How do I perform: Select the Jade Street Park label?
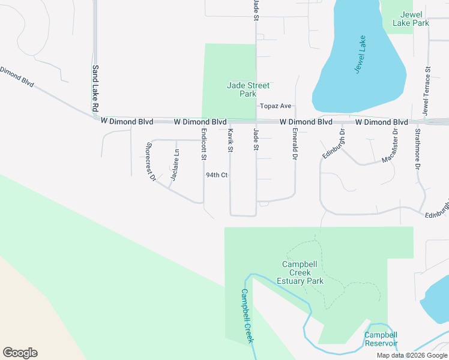(248, 89)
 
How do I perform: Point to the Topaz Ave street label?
(276, 106)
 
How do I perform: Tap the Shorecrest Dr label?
(151, 161)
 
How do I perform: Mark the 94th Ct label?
(217, 175)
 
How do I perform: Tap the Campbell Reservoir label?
(381, 339)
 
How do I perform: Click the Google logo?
(20, 353)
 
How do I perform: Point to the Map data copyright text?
(411, 355)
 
